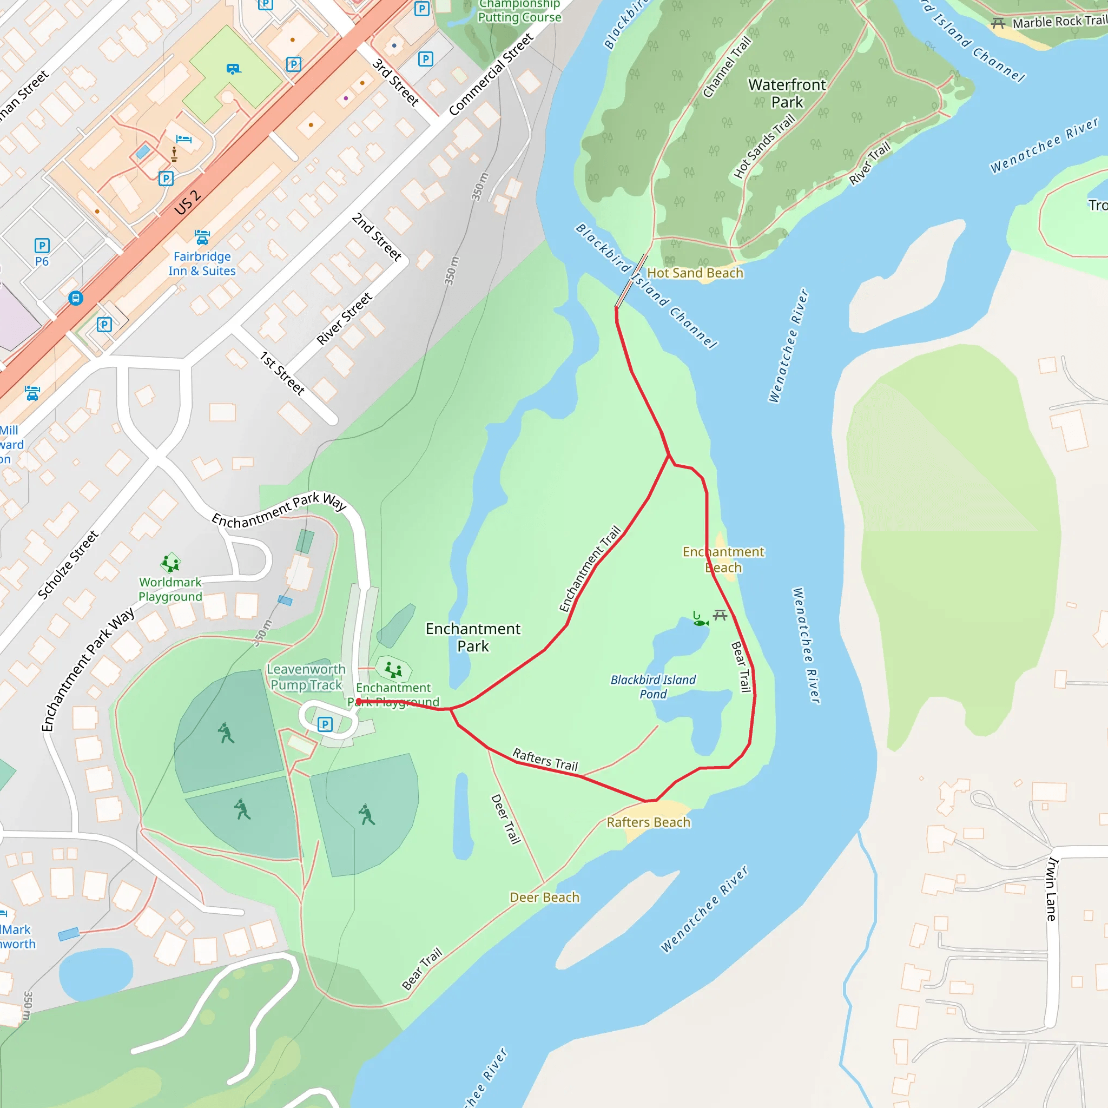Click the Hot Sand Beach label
click(695, 273)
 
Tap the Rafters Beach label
click(648, 822)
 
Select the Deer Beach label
click(544, 897)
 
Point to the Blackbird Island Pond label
click(652, 687)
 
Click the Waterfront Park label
click(787, 93)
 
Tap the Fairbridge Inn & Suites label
click(202, 263)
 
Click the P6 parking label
click(42, 261)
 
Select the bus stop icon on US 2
click(76, 298)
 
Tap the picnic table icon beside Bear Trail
click(720, 615)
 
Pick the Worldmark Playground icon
click(170, 563)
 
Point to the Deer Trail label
click(506, 819)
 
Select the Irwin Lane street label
click(1051, 889)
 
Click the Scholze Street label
click(68, 565)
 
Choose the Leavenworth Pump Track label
click(306, 677)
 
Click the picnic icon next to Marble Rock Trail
click(998, 23)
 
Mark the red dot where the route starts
click(359, 701)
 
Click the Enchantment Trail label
click(590, 569)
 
